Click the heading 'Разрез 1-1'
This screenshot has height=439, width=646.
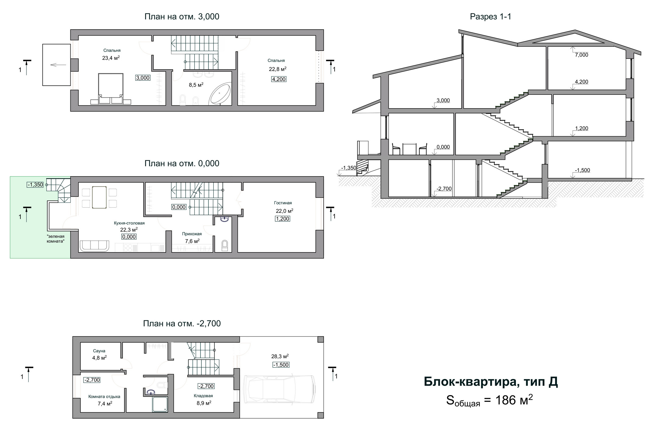point(490,16)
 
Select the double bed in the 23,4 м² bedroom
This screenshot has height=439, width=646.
point(111,89)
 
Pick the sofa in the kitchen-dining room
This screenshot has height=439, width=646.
point(94,246)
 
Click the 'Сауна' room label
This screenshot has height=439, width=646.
point(99,351)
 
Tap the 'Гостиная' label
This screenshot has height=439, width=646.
point(283,203)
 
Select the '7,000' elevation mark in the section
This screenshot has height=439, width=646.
point(581,55)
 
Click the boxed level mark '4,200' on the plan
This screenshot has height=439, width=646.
point(279,79)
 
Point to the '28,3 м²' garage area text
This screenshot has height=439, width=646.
point(280,356)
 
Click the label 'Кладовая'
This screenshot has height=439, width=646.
point(203,396)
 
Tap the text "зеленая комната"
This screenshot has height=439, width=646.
point(55,239)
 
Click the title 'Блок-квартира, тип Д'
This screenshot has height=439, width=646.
point(491,382)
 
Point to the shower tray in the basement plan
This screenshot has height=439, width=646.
point(160,404)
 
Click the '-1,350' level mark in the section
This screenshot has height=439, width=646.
point(349,168)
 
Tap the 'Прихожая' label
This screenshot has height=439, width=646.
point(192,234)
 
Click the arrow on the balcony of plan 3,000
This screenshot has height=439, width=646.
point(58,65)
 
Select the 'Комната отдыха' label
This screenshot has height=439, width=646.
point(104,397)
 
